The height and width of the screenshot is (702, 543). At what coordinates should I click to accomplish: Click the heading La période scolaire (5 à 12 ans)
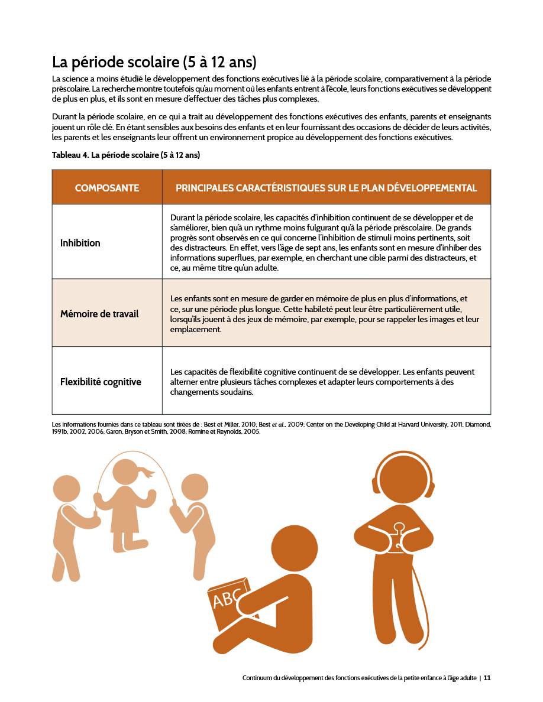click(154, 62)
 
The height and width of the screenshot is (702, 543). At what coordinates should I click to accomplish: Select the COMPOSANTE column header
click(107, 188)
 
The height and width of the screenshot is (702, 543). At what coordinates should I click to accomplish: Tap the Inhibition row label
click(80, 243)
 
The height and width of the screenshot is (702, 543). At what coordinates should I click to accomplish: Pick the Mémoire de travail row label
click(99, 314)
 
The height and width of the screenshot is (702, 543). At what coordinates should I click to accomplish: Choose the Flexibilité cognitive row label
click(101, 382)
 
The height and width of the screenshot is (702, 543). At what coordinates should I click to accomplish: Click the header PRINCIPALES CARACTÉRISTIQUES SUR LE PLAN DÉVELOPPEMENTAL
click(326, 188)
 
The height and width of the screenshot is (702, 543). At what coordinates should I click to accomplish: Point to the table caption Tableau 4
click(126, 155)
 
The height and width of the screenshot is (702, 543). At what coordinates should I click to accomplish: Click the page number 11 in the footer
click(487, 678)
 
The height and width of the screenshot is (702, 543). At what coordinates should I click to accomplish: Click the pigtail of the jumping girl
click(147, 473)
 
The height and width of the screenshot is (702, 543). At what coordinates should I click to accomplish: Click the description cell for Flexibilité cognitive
click(326, 382)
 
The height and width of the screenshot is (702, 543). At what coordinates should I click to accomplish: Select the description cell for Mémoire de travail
click(326, 314)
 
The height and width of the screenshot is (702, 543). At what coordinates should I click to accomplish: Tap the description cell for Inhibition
click(326, 243)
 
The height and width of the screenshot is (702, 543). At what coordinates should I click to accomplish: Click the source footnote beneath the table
click(271, 427)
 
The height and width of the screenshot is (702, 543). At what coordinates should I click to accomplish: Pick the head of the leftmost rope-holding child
click(67, 488)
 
